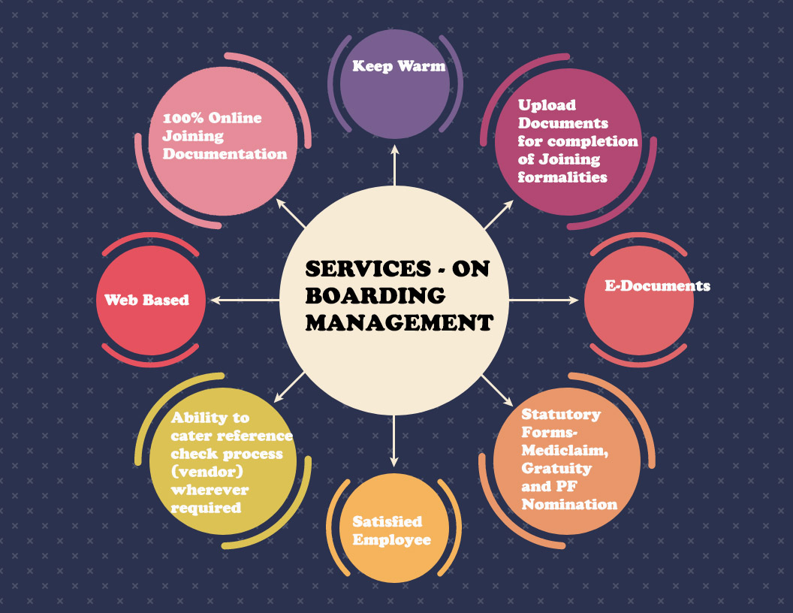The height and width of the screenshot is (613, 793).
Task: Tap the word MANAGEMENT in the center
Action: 400,323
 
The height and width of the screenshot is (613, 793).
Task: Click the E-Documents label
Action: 658,286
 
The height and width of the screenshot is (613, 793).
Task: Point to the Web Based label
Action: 146,300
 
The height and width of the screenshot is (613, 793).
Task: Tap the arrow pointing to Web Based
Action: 245,300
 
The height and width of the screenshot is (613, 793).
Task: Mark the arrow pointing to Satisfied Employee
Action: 394,439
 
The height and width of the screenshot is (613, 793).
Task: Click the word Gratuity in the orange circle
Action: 556,468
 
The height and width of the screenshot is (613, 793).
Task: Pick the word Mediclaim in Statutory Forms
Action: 565,450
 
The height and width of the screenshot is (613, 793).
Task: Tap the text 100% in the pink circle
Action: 184,118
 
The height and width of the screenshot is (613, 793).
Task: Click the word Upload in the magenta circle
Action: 547,105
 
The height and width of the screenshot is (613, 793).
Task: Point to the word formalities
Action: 562,177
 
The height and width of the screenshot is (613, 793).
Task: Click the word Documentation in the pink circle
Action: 225,154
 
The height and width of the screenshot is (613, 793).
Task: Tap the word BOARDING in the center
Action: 375,296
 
